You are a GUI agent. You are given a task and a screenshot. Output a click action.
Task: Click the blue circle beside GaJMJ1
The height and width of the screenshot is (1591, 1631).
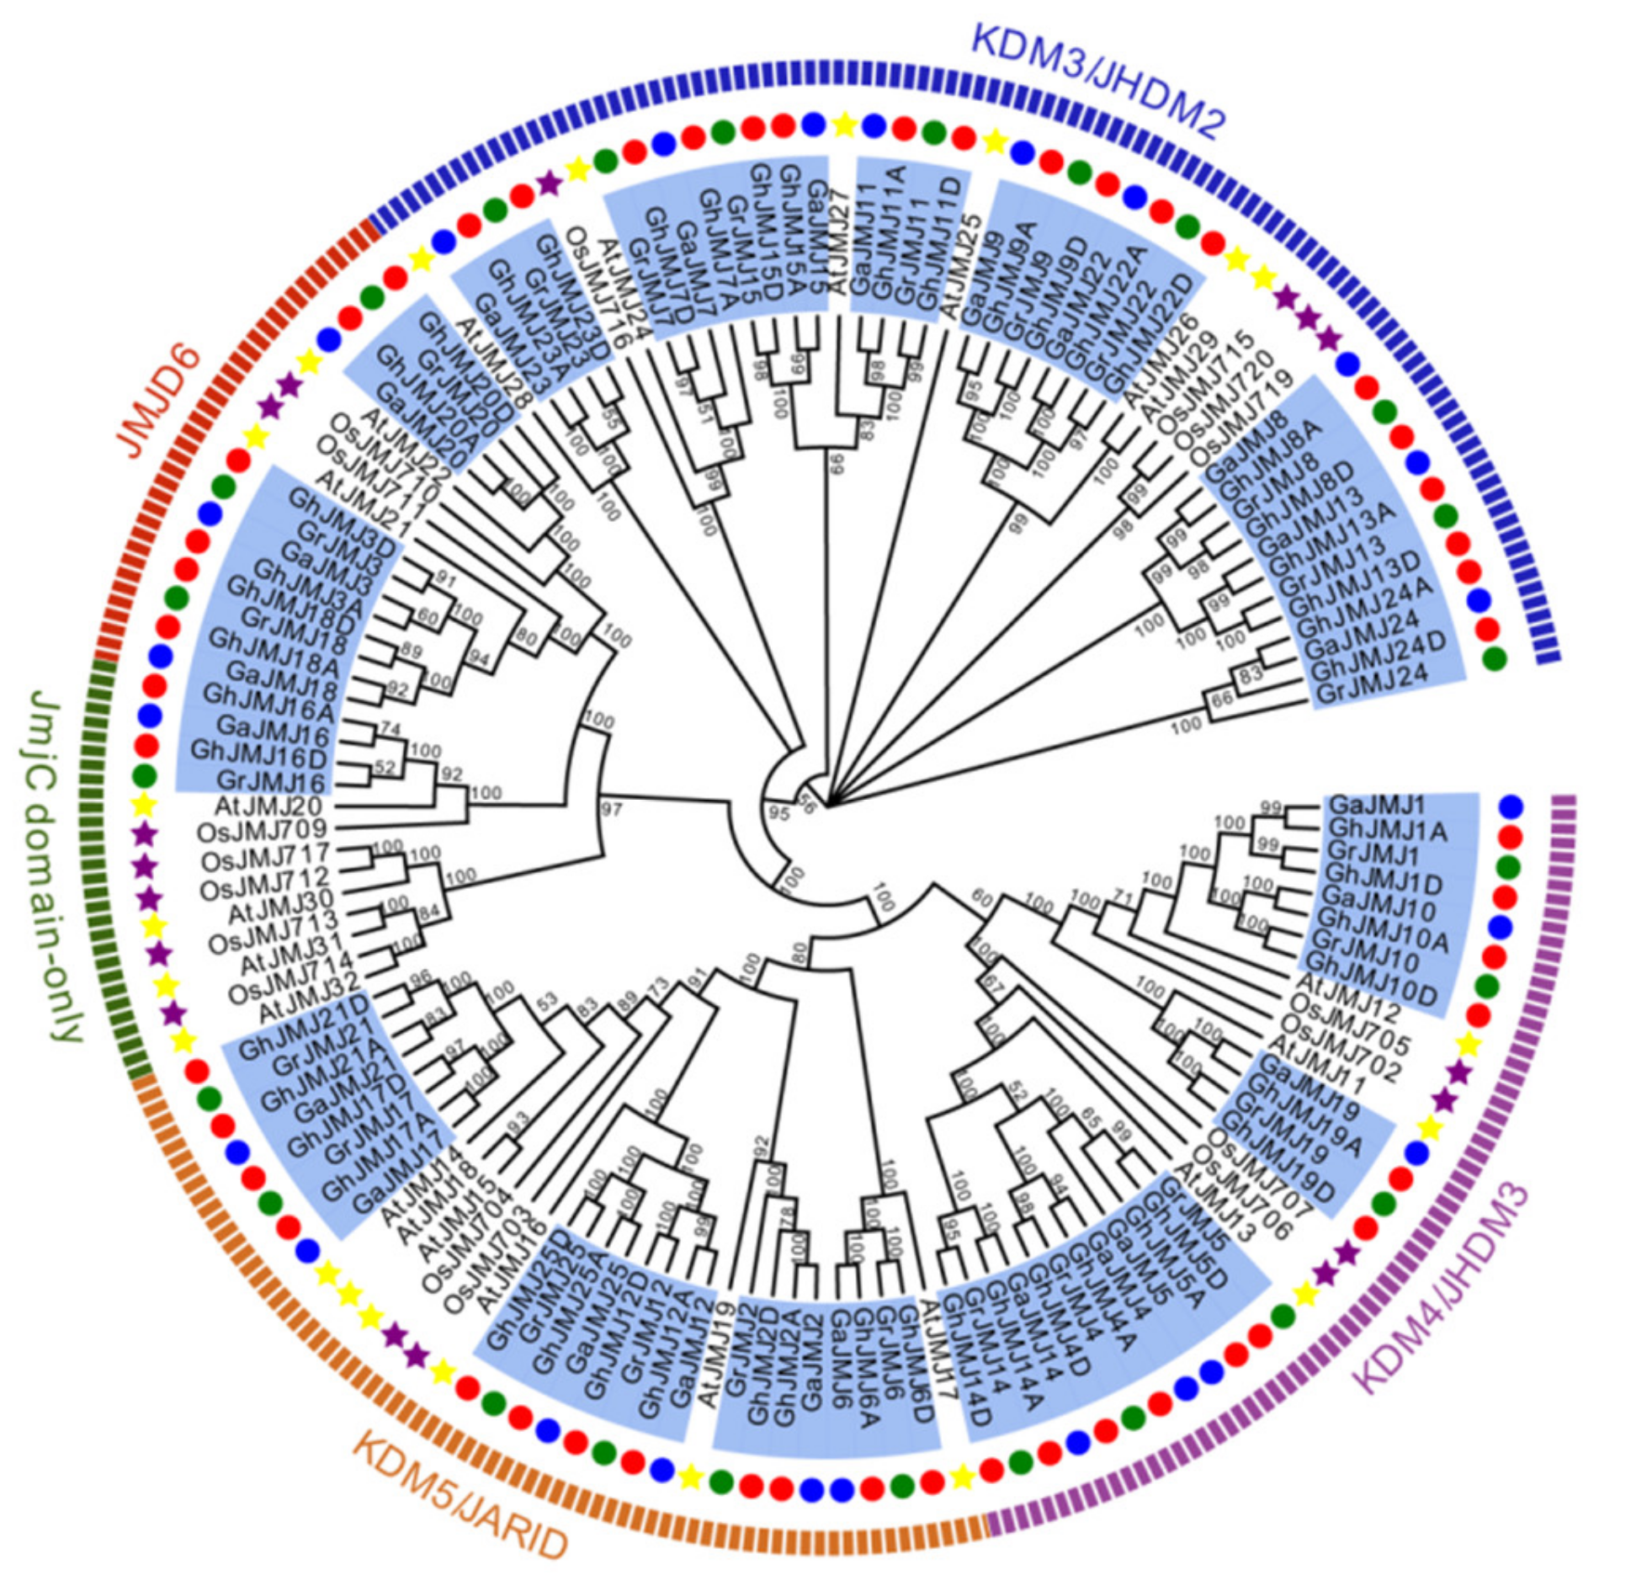tap(1511, 806)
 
